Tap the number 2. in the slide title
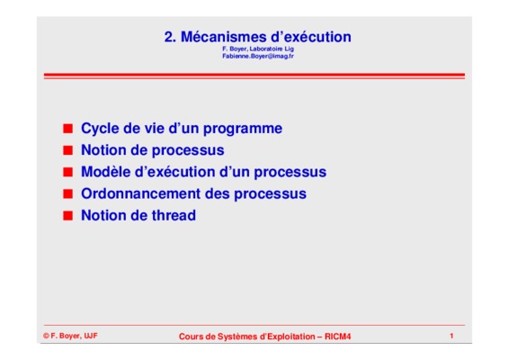[170, 37]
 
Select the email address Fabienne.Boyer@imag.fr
[258, 56]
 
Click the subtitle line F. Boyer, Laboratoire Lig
[258, 49]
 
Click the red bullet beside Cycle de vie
[67, 129]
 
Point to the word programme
[243, 129]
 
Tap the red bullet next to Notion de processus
[67, 150]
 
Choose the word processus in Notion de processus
[188, 151]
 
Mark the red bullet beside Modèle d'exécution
[67, 172]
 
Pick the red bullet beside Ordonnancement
[67, 193]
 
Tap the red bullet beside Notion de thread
[67, 215]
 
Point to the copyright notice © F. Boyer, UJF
[70, 336]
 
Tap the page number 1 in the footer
[451, 336]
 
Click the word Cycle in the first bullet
[100, 129]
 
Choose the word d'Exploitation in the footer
[287, 337]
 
